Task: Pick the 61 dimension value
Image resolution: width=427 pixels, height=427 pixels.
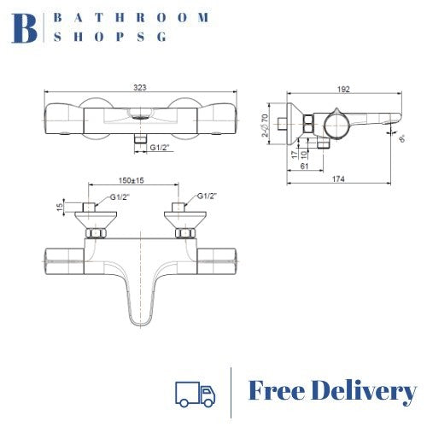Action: click(306, 167)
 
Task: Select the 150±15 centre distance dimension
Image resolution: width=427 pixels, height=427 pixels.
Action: click(132, 181)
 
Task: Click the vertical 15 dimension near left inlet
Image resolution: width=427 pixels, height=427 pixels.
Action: click(60, 206)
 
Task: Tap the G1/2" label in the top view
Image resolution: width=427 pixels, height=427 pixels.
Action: click(161, 149)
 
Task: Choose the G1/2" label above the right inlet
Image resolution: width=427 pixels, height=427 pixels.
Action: click(208, 197)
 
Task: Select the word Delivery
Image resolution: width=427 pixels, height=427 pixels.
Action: click(365, 392)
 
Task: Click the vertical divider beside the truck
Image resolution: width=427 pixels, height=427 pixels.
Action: click(231, 392)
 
